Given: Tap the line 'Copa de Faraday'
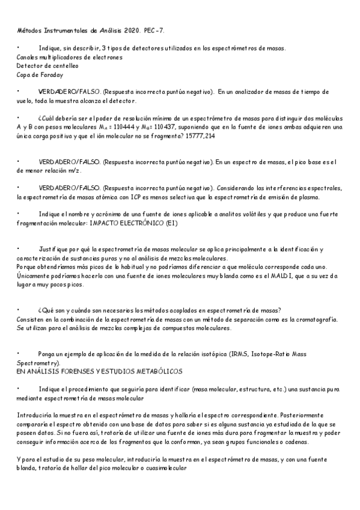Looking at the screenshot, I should (x=40, y=75).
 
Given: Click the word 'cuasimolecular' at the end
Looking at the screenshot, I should (x=167, y=469).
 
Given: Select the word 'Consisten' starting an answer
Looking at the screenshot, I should (x=32, y=319).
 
